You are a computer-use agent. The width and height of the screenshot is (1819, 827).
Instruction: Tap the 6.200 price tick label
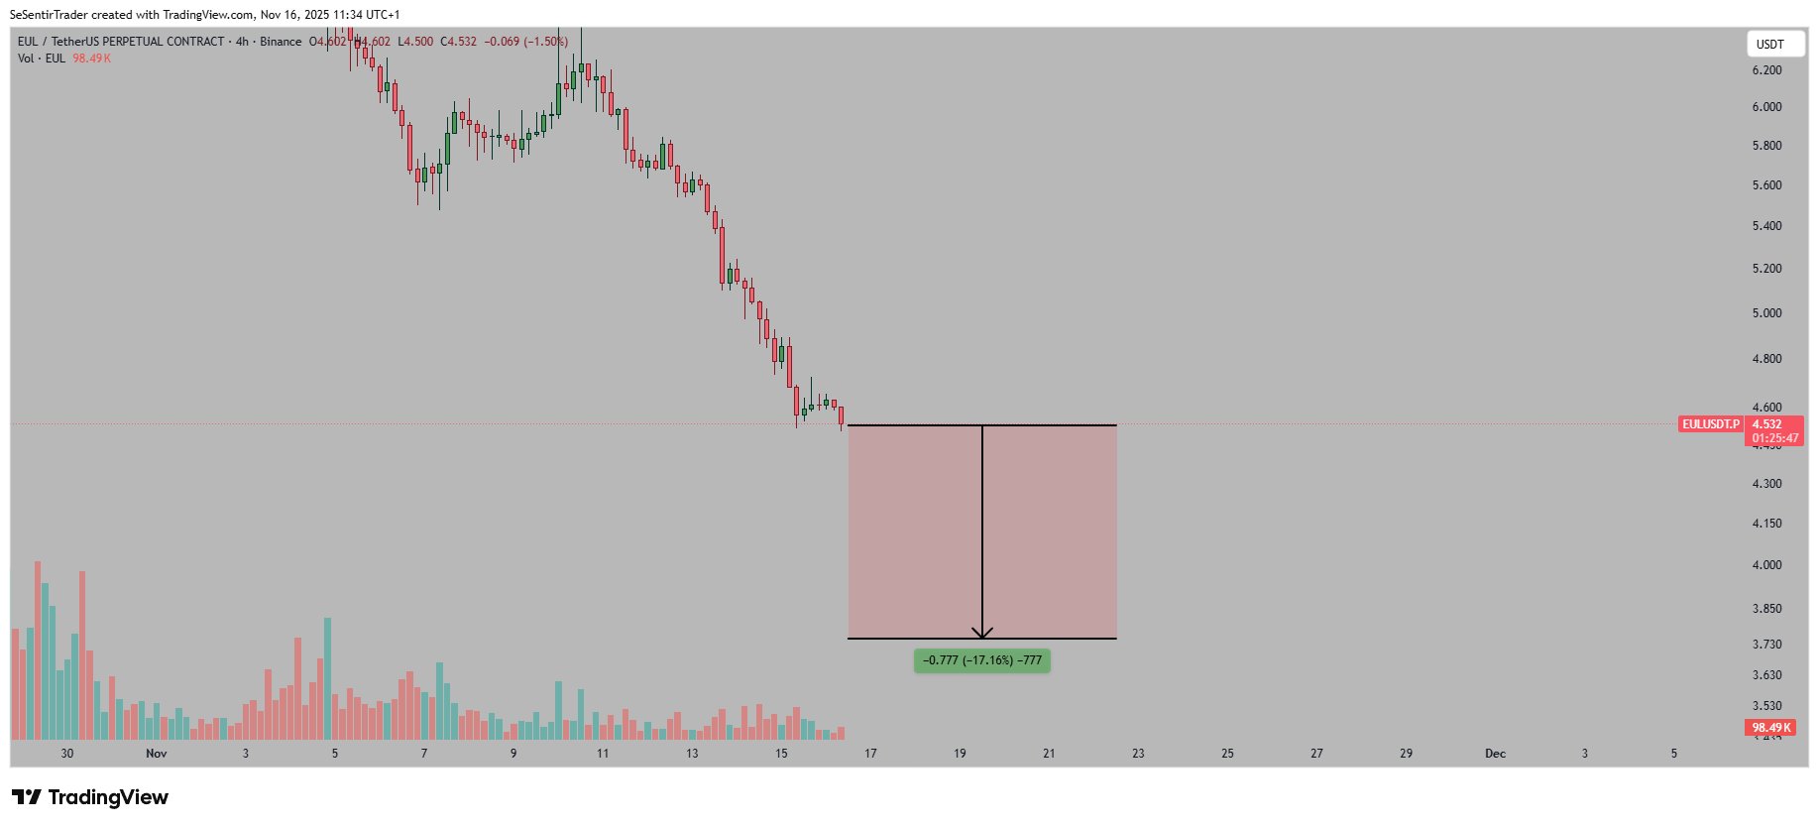pos(1766,70)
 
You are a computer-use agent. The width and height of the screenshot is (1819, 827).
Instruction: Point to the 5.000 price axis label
pos(1766,313)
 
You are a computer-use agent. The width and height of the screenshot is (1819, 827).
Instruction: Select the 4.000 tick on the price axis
pos(1766,565)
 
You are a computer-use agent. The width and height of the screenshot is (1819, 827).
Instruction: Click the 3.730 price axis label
pos(1766,645)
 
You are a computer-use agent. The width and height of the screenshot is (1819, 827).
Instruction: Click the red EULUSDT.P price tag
pos(1710,424)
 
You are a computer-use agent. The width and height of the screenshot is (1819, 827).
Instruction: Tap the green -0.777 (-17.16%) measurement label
pos(981,660)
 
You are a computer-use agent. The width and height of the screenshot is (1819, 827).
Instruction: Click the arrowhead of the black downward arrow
pos(982,633)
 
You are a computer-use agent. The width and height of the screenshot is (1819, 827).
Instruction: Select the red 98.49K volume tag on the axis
pos(1770,728)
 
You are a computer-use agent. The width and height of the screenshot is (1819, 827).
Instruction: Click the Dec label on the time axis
pos(1495,754)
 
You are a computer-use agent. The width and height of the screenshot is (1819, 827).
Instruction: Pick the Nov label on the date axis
pos(156,754)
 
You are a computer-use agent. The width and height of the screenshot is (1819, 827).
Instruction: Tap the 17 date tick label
pos(870,754)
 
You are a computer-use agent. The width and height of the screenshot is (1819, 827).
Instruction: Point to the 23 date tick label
pos(1138,754)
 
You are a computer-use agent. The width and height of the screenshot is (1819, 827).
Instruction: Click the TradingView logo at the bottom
pos(90,797)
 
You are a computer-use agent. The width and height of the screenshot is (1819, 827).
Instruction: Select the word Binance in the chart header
pos(281,42)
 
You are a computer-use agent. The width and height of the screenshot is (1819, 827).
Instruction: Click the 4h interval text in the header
pos(242,42)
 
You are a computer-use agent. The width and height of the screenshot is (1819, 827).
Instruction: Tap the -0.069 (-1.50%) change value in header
pos(525,42)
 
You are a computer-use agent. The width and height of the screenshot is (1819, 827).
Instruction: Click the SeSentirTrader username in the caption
pos(49,15)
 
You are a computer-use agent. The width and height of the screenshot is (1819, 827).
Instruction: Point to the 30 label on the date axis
pos(67,754)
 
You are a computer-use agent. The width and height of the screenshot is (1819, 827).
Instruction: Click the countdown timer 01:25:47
pos(1774,438)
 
